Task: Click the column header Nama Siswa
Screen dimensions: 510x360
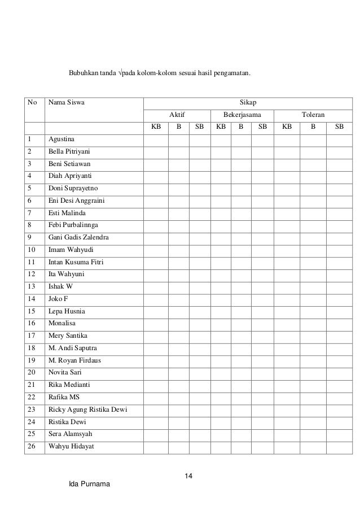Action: pyautogui.click(x=64, y=103)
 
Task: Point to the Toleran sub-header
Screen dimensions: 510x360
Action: pyautogui.click(x=313, y=115)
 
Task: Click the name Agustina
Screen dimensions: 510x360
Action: pyautogui.click(x=62, y=139)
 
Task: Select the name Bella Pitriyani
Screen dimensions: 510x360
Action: pyautogui.click(x=69, y=152)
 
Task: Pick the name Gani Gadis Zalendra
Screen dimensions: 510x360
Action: pyautogui.click(x=78, y=237)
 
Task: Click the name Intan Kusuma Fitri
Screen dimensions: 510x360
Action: pyautogui.click(x=76, y=262)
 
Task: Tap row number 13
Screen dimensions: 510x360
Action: pyautogui.click(x=30, y=286)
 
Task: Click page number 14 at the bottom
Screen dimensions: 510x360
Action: pyautogui.click(x=189, y=478)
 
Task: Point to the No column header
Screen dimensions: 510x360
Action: pyautogui.click(x=32, y=103)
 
